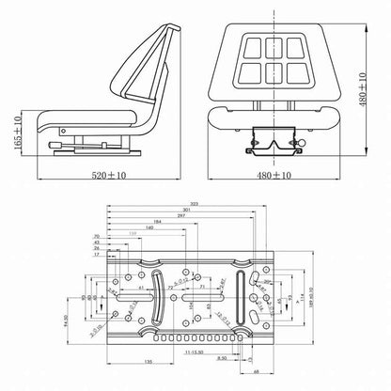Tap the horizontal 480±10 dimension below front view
[271, 175]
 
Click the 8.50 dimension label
[220, 358]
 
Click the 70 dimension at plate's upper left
[97, 237]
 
